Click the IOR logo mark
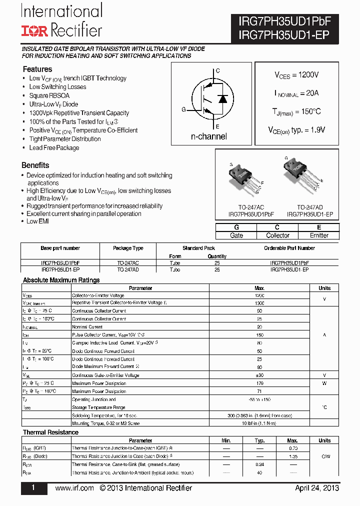34,30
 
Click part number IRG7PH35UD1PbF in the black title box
284,21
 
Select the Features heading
37,69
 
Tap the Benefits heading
35,165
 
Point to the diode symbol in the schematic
223,98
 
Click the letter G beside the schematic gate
183,109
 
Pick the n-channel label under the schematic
208,136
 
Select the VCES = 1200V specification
296,75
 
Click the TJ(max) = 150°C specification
296,111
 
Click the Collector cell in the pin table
277,235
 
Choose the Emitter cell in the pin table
319,235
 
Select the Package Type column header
128,248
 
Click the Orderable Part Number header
289,248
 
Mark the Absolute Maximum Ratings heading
61,280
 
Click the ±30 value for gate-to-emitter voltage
259,375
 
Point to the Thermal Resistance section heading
51,432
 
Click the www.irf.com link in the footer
74,488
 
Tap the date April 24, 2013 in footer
317,488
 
